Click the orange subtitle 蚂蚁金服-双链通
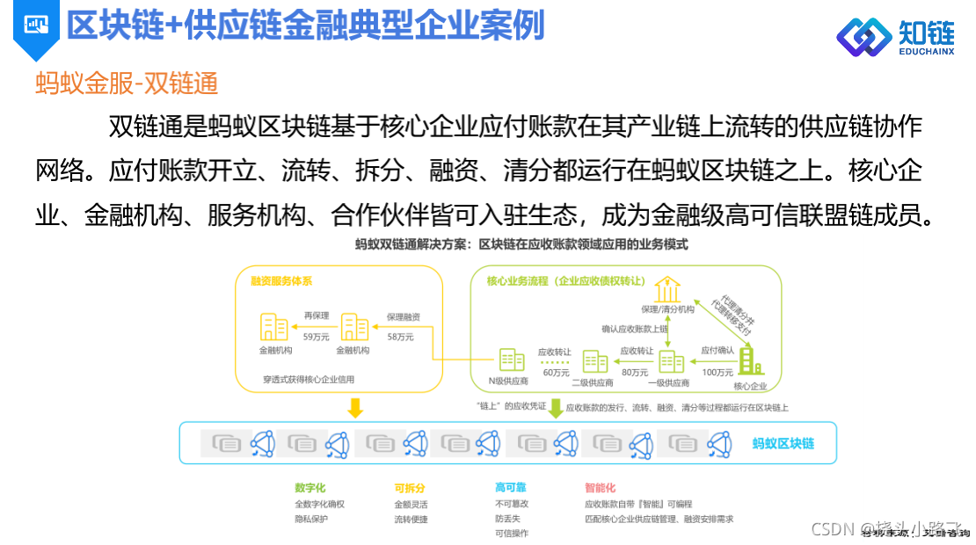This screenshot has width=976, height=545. pyautogui.click(x=126, y=84)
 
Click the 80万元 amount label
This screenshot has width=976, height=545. pyautogui.click(x=634, y=372)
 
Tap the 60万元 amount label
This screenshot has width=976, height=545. pyautogui.click(x=555, y=372)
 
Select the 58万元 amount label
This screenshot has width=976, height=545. pyautogui.click(x=400, y=337)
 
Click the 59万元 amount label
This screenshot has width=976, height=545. pyautogui.click(x=317, y=337)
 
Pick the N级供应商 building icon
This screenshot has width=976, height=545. pyautogui.click(x=512, y=360)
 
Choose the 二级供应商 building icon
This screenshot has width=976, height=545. pyautogui.click(x=595, y=360)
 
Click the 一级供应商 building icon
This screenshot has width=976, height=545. pyautogui.click(x=672, y=360)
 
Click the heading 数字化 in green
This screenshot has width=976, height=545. pyautogui.click(x=311, y=488)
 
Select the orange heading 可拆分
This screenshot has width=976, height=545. pyautogui.click(x=410, y=488)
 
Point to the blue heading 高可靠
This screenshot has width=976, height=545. pyautogui.click(x=510, y=488)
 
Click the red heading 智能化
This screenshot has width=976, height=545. pyautogui.click(x=600, y=488)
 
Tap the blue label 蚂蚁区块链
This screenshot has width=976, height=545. pyautogui.click(x=783, y=443)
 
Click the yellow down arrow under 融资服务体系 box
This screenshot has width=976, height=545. pyautogui.click(x=355, y=408)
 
